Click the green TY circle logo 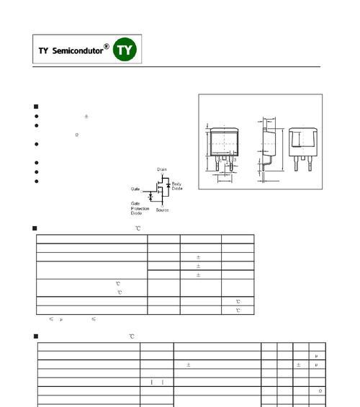click(x=125, y=49)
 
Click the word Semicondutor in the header click(x=78, y=50)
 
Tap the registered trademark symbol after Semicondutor click(x=107, y=46)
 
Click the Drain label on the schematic click(x=162, y=169)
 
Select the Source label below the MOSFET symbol click(x=162, y=210)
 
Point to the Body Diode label click(x=177, y=186)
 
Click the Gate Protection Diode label click(x=140, y=208)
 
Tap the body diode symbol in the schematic click(x=168, y=185)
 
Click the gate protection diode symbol click(x=150, y=197)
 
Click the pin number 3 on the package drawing click(x=235, y=160)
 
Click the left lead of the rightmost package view click(x=296, y=164)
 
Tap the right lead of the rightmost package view click(x=310, y=164)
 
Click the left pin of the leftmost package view click(x=217, y=163)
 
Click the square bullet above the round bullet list click(x=36, y=107)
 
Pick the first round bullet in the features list click(x=37, y=116)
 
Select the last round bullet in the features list click(x=37, y=182)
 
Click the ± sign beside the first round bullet click(x=86, y=116)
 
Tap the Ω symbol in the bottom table click(x=320, y=391)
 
